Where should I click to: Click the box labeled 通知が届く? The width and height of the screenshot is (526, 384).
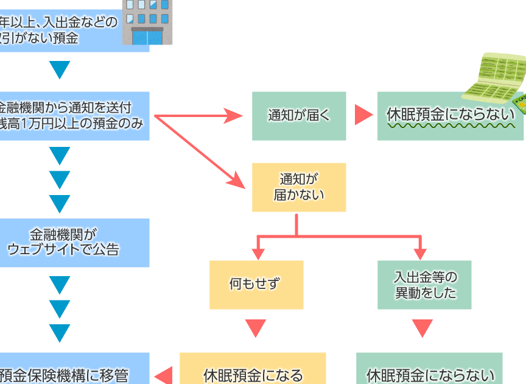coord(299,116)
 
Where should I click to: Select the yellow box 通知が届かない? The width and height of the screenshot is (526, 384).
coord(299,187)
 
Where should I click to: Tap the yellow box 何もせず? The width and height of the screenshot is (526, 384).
coord(256,285)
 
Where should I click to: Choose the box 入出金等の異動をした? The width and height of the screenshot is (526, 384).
coord(424,285)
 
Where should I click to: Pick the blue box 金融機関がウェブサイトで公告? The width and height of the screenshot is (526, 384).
coord(73,242)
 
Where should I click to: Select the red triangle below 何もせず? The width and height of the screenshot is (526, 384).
coord(256,327)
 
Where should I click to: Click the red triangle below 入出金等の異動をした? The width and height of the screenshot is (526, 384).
coord(422,327)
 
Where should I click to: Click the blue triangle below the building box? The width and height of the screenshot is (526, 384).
coord(60,70)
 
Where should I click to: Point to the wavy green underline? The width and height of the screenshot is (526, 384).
coord(451,127)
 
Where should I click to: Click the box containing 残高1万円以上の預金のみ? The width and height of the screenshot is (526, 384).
coord(73,116)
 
